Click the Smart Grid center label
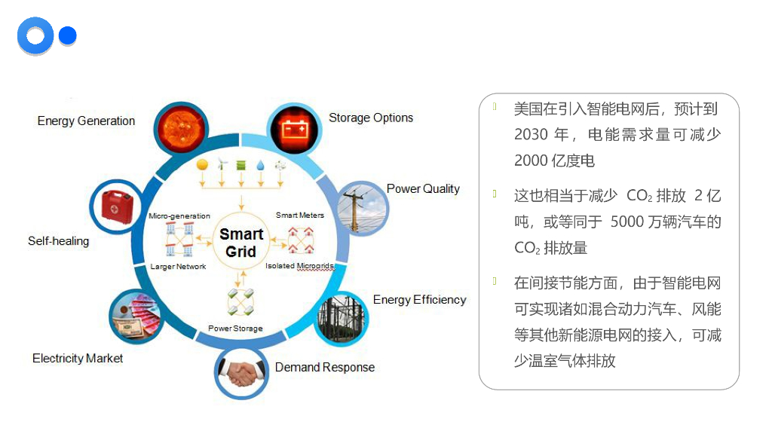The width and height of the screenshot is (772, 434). point(241,243)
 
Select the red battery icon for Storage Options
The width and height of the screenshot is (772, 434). point(296,128)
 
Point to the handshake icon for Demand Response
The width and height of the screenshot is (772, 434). point(242,372)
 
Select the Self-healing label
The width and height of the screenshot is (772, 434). point(58,241)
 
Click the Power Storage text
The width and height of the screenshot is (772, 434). point(235,329)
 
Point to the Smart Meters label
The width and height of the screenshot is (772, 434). point(300,215)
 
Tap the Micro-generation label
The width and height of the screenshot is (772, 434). point(179,216)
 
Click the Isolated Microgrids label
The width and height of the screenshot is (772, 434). point(299,266)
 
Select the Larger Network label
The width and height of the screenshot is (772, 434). point(178,267)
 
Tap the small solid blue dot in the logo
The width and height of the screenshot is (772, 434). point(68,35)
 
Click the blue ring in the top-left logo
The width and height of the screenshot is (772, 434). point(35,35)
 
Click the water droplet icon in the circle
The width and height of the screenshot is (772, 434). point(260,165)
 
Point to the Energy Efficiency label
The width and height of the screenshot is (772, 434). point(419,300)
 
